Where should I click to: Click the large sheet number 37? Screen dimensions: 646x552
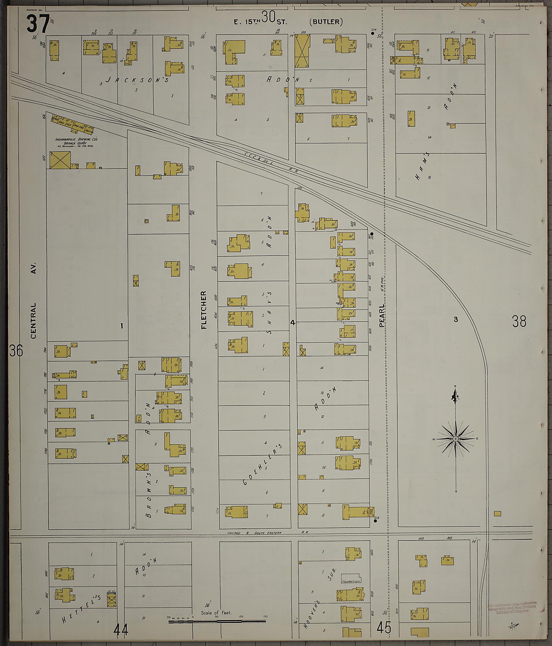click(38, 24)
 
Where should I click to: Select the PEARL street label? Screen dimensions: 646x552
click(382, 316)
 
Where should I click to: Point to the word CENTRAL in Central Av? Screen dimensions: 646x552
click(33, 321)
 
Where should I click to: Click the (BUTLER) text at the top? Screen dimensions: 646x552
click(326, 22)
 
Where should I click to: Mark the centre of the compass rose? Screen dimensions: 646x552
click(456, 439)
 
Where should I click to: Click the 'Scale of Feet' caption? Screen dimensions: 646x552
click(216, 613)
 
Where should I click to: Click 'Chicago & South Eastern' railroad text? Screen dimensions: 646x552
click(254, 533)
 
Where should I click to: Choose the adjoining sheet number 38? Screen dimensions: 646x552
click(519, 321)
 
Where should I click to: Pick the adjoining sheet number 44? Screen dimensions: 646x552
click(121, 631)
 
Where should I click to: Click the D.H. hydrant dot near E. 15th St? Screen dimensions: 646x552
click(372, 33)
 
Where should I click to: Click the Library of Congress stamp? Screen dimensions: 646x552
click(512, 607)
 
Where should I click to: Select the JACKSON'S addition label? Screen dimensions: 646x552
click(137, 80)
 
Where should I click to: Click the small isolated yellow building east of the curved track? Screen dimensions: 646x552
click(498, 514)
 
